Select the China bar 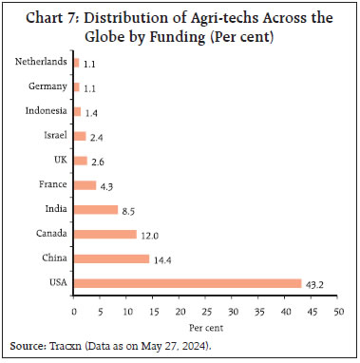click(x=111, y=258)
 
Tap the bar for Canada click(x=104, y=234)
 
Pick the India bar click(x=95, y=209)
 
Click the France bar click(x=85, y=184)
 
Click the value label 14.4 click(x=162, y=258)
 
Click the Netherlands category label click(x=41, y=63)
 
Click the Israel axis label click(x=54, y=136)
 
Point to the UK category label click(x=61, y=161)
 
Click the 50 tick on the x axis click(x=335, y=311)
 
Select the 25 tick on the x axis click(x=204, y=311)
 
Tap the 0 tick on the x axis click(x=73, y=311)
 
